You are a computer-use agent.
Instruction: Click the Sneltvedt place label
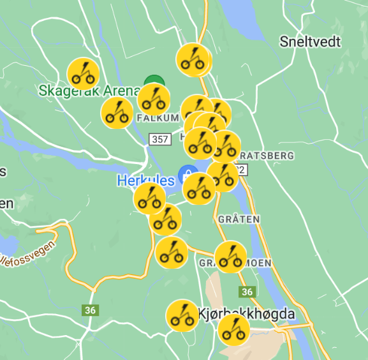pos(310,42)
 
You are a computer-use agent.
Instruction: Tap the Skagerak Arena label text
pos(89,91)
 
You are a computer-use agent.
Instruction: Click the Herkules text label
pos(145,181)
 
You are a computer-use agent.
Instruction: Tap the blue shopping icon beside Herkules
pos(187,173)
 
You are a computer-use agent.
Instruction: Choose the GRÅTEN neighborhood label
pos(239,219)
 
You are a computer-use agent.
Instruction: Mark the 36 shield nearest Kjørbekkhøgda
pos(247,292)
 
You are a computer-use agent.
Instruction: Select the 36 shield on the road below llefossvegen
pos(90,310)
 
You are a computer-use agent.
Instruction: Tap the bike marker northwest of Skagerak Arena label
pos(82,73)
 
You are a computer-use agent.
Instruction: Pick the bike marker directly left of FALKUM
pos(117,113)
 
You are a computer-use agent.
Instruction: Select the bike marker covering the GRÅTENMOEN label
pos(230,257)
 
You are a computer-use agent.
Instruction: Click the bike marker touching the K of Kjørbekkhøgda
pos(182,315)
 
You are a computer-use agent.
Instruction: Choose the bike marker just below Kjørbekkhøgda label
pos(233,330)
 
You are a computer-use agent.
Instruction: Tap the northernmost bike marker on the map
pos(193,59)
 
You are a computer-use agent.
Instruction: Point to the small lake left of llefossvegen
pos(8,244)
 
